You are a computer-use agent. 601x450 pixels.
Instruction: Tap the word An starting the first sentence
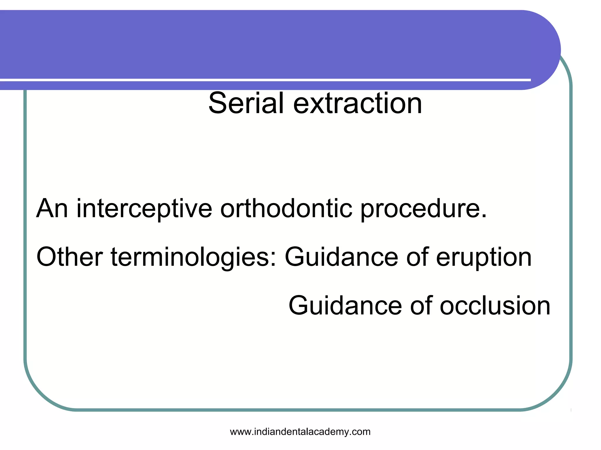pyautogui.click(x=52, y=208)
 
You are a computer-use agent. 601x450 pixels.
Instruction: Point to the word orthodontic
pyautogui.click(x=286, y=208)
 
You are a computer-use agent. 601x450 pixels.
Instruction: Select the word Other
pyautogui.click(x=69, y=257)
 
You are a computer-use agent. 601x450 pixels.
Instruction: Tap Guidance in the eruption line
pyautogui.click(x=341, y=257)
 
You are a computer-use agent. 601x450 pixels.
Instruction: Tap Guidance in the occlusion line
pyautogui.click(x=345, y=306)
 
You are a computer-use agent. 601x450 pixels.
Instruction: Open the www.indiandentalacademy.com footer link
pyautogui.click(x=300, y=432)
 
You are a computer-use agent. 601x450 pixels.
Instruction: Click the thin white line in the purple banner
pyautogui.click(x=264, y=80)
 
